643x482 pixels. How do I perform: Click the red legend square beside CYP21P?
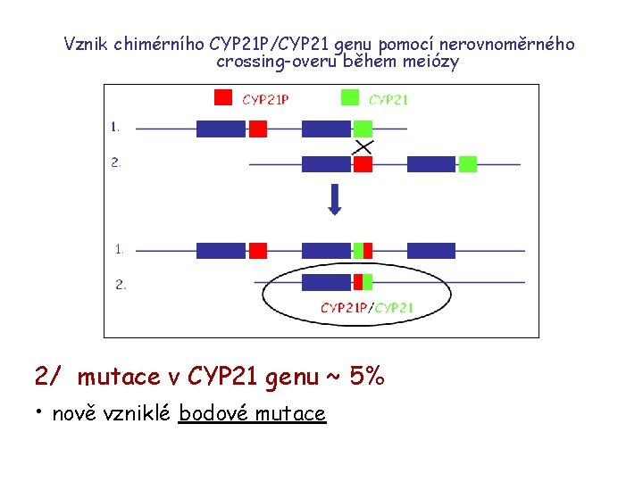tap(223, 96)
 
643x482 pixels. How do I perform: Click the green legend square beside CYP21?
tap(350, 96)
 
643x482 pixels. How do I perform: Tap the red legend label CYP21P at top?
tap(265, 99)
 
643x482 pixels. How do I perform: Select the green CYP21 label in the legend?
tap(388, 99)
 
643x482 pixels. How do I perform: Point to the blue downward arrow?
tap(335, 199)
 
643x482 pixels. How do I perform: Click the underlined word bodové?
tap(214, 413)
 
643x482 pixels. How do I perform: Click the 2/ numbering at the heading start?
tap(48, 378)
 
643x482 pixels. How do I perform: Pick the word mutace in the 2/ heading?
tap(120, 378)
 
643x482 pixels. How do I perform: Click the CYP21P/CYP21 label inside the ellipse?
tap(367, 308)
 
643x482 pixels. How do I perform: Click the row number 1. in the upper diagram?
tap(115, 127)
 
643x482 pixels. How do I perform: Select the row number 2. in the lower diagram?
tap(121, 285)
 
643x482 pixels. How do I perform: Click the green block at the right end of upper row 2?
tap(468, 163)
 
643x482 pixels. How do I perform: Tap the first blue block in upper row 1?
tap(221, 129)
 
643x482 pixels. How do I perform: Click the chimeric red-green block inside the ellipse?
tap(363, 282)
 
